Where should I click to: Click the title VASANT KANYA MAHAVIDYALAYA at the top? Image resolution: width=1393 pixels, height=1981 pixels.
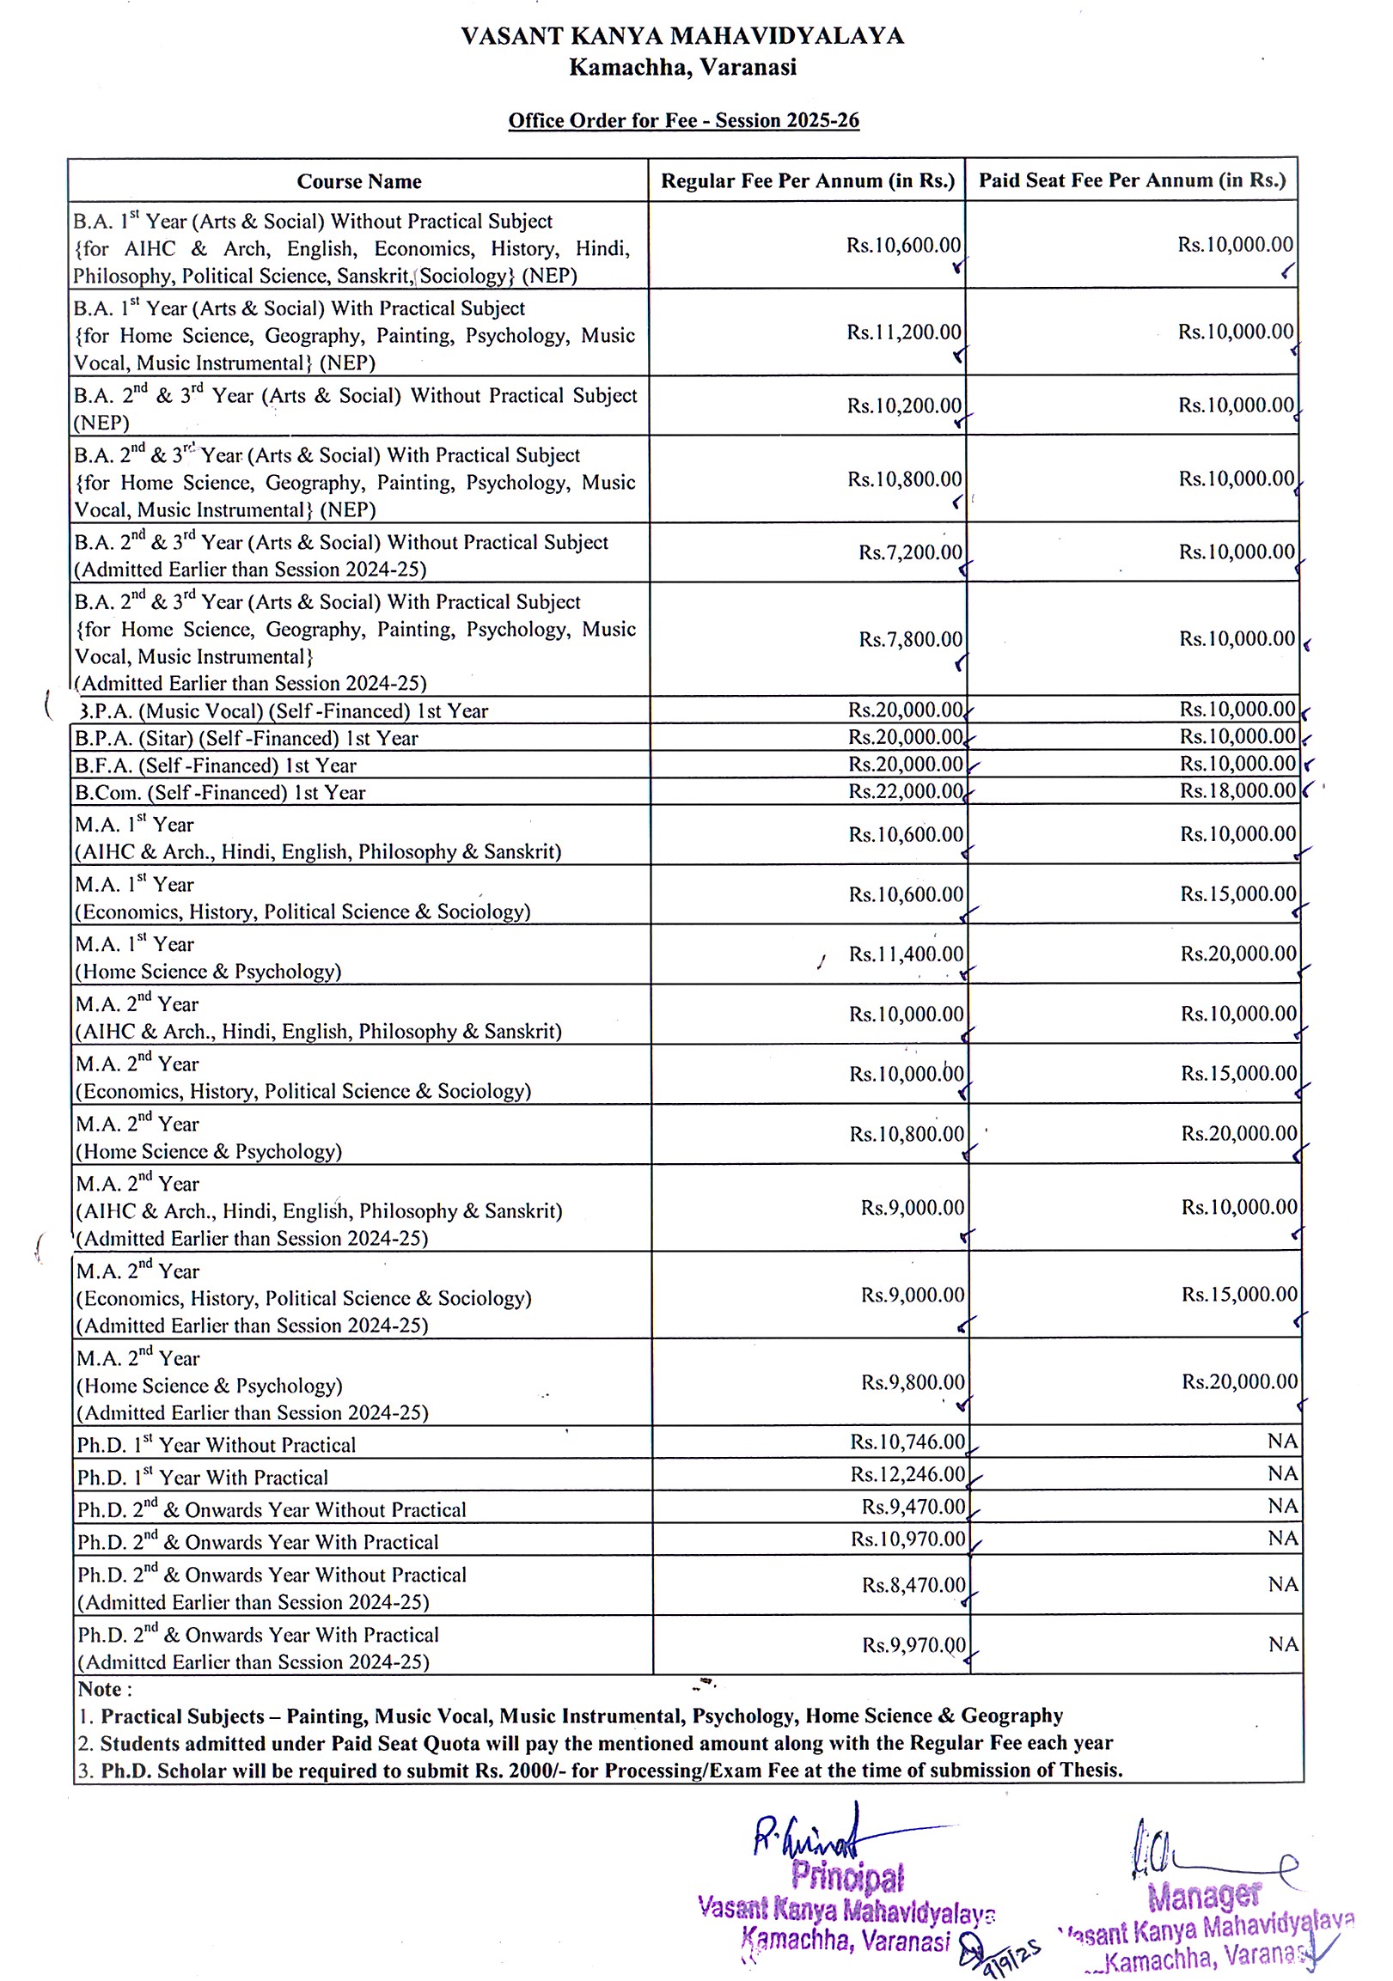tap(681, 36)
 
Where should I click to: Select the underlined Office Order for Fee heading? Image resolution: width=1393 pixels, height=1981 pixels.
tap(682, 121)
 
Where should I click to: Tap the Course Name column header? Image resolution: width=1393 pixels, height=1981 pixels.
tap(359, 181)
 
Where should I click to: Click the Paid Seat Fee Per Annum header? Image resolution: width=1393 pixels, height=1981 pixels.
tap(1132, 180)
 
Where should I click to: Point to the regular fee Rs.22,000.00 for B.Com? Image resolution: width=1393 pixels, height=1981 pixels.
tap(906, 792)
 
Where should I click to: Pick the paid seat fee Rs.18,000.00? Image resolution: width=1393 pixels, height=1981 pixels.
tap(1237, 790)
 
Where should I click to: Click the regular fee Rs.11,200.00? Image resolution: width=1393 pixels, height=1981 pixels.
tap(904, 332)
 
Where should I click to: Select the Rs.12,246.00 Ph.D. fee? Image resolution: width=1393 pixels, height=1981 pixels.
tap(907, 1473)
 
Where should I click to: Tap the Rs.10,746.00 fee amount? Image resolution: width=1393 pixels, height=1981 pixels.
tap(907, 1442)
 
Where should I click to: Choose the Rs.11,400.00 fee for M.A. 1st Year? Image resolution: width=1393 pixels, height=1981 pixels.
tap(907, 954)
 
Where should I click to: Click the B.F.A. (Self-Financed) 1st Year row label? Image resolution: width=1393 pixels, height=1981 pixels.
tap(216, 765)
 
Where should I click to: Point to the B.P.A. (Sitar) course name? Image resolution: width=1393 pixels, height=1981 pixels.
tap(247, 739)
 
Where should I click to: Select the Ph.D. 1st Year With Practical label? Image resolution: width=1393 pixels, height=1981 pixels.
tap(203, 1477)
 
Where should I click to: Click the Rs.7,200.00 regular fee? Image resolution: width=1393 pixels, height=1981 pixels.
tap(910, 552)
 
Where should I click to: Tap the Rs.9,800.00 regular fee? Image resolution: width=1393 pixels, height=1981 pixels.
tap(913, 1382)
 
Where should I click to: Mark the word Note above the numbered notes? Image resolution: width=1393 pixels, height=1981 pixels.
tap(105, 1689)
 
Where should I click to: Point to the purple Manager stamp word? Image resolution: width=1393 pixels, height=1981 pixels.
tap(1204, 1896)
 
